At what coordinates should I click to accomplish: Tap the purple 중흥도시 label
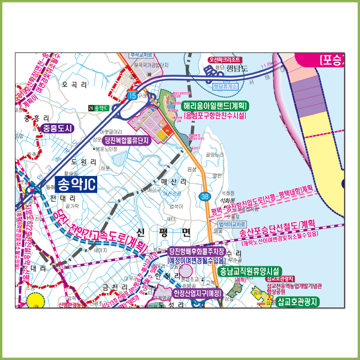tap(58, 129)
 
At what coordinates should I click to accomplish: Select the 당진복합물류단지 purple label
tap(126, 140)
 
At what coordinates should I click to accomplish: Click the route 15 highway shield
tap(132, 96)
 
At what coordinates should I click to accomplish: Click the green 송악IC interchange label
tap(98, 108)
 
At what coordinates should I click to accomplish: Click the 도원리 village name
tap(84, 161)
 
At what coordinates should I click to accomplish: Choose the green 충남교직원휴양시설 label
tap(249, 271)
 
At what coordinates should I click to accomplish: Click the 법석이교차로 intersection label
tap(232, 224)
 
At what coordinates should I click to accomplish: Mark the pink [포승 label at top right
tap(331, 60)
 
